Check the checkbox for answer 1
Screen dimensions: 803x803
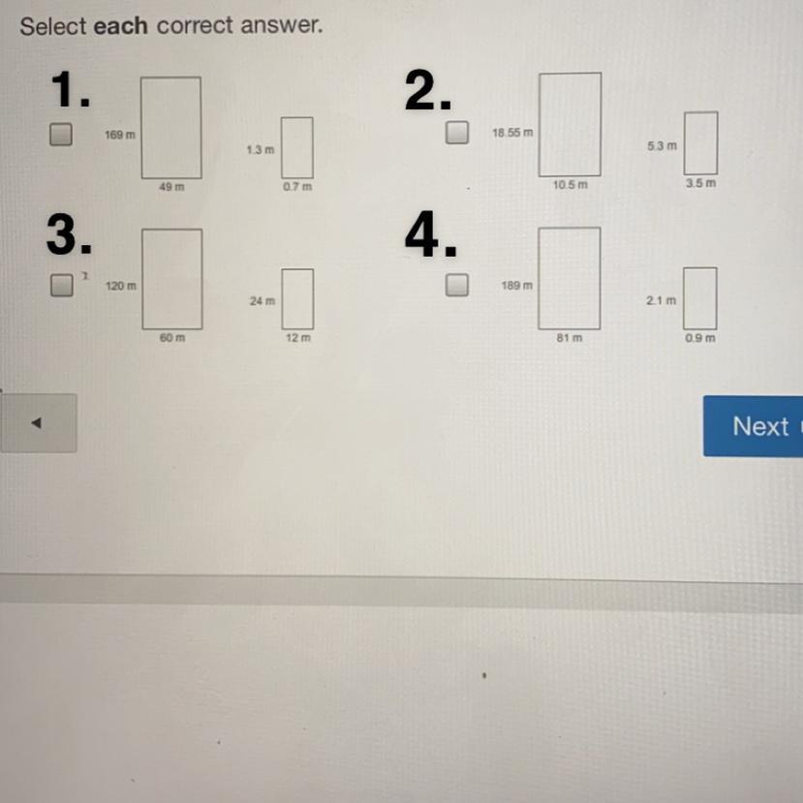coord(61,135)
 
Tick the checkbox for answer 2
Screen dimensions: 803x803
coord(457,132)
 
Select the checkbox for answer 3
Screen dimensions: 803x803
coord(61,285)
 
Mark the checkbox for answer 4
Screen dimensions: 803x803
coord(457,285)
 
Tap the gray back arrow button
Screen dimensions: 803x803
coord(39,423)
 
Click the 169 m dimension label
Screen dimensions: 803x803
coord(120,136)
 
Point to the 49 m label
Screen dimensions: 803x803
coord(171,188)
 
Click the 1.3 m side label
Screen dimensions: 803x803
coord(260,151)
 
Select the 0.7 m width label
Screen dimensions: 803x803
coord(297,187)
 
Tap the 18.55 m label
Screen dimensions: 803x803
coord(512,132)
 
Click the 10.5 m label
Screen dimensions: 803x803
coord(570,184)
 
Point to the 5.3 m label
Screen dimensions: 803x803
coord(662,145)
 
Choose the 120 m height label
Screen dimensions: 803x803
coord(121,287)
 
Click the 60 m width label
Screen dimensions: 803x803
coord(172,339)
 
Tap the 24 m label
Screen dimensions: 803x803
coord(262,301)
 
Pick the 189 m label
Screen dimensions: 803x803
coord(516,286)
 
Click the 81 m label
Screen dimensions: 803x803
coord(569,338)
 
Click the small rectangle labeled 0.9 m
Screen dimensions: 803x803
coord(700,298)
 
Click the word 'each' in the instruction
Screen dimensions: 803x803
coord(120,26)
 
